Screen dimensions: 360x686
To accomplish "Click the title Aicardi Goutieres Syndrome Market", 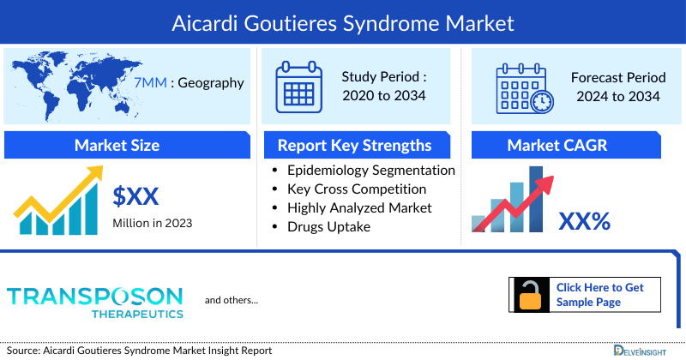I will [x=343, y=20].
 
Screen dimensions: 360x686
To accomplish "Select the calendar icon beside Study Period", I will [x=298, y=86].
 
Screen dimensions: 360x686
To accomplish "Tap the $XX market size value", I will [x=136, y=196].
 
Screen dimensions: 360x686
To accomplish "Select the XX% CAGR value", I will [x=584, y=221].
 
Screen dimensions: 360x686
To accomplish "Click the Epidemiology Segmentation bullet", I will [x=370, y=170].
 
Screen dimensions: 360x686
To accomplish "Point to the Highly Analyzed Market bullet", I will [x=359, y=207].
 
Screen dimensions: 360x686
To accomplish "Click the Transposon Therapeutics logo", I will [x=95, y=300].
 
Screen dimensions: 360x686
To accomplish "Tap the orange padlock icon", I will [x=530, y=296].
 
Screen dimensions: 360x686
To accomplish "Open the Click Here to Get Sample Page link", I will [x=599, y=295].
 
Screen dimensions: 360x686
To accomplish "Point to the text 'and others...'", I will [x=231, y=300].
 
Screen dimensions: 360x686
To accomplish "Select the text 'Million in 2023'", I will [x=152, y=223].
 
